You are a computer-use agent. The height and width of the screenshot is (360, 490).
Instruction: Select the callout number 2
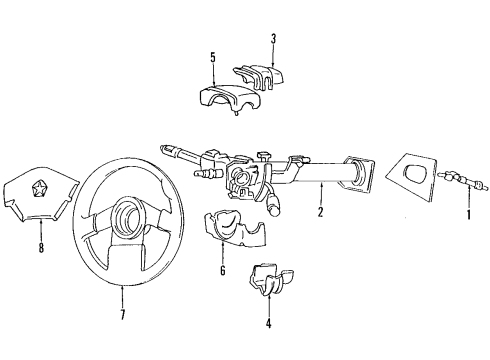click(x=320, y=213)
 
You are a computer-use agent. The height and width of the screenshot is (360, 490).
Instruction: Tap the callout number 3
click(x=273, y=39)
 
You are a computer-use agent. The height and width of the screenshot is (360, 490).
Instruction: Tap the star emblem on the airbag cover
click(x=32, y=185)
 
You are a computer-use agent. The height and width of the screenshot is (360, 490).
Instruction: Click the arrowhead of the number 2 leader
click(x=320, y=186)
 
